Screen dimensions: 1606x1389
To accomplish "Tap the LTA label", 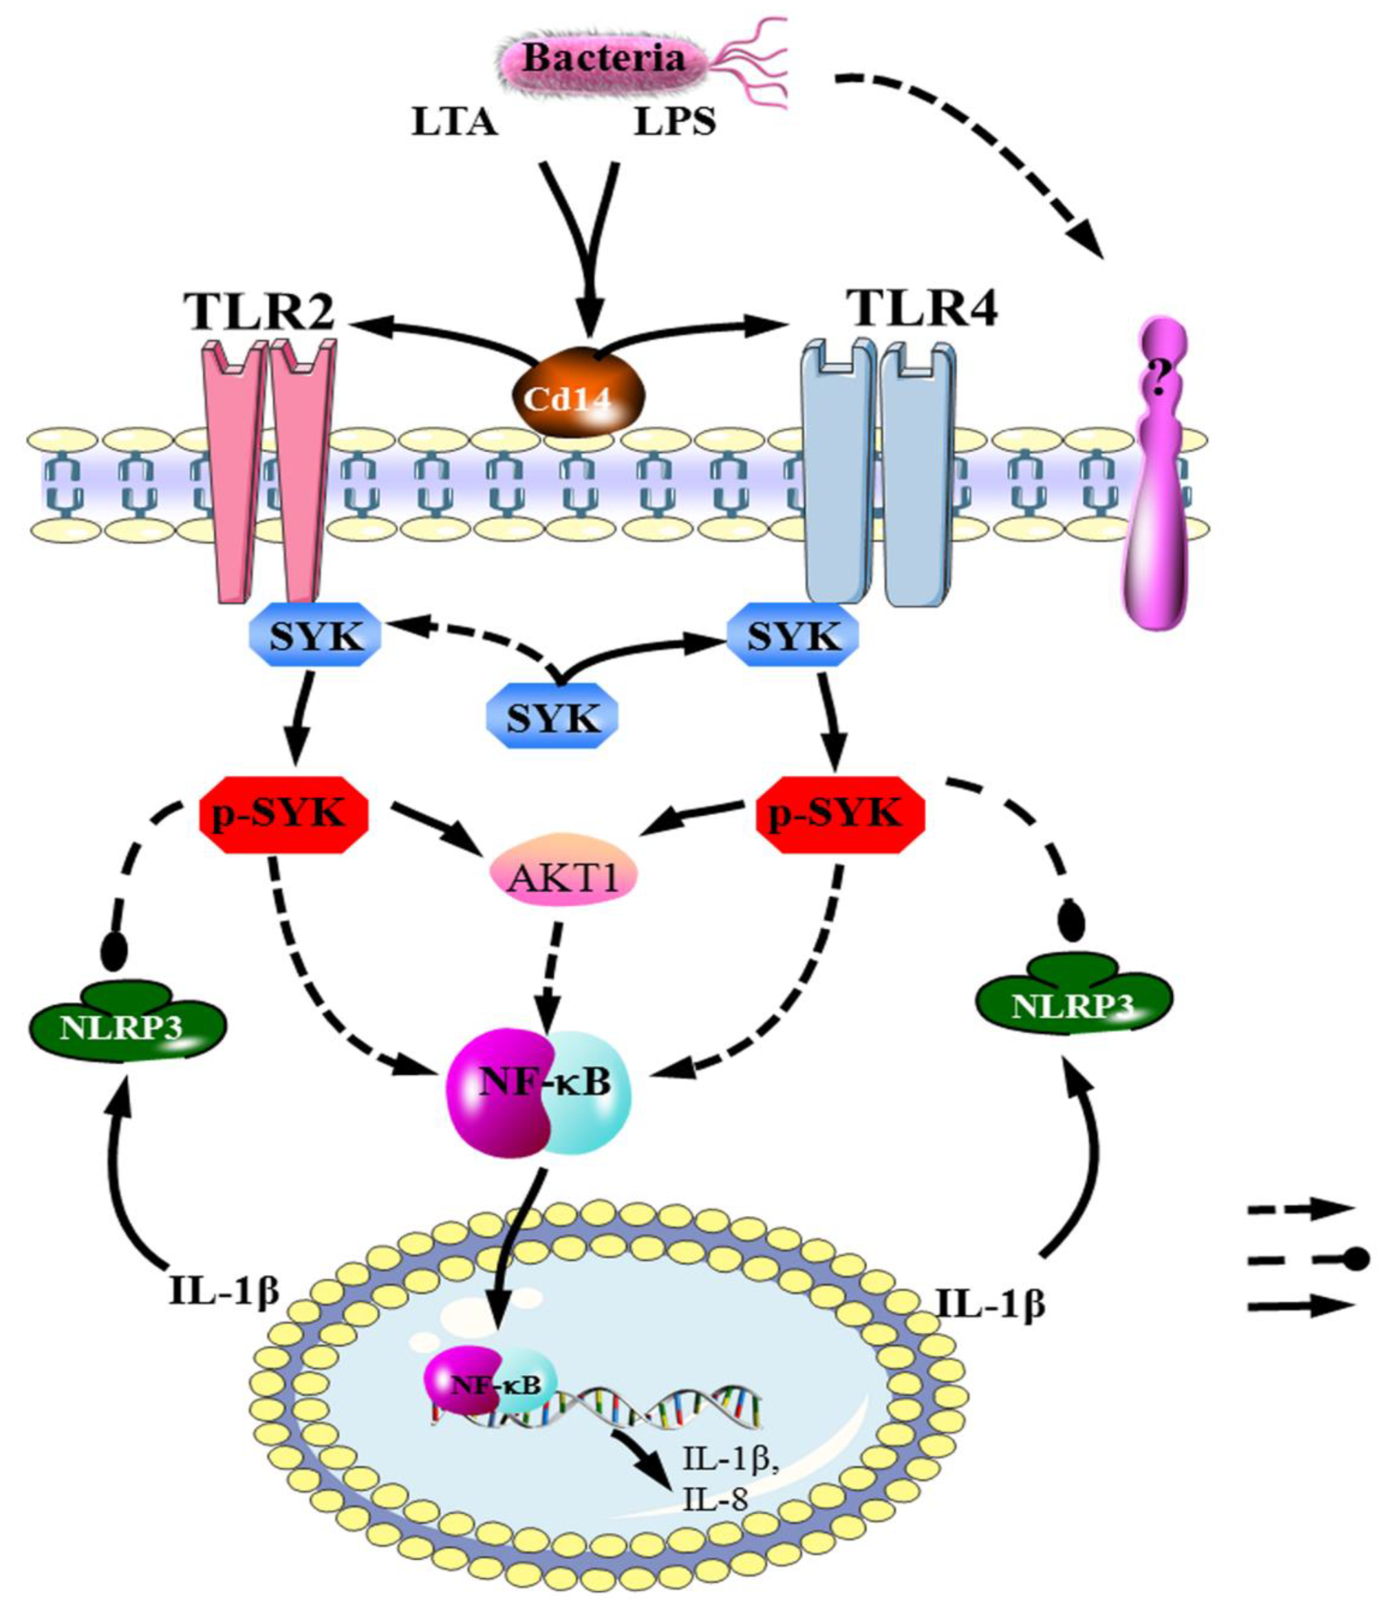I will click(454, 122).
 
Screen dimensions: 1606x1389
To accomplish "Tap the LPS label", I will click(674, 122).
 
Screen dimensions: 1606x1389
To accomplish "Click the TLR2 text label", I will click(259, 312).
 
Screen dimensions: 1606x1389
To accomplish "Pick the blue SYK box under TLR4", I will click(793, 637).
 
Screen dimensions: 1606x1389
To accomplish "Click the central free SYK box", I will click(553, 718).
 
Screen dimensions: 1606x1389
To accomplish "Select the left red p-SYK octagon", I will click(283, 814).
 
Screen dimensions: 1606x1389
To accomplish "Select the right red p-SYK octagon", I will click(840, 814).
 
